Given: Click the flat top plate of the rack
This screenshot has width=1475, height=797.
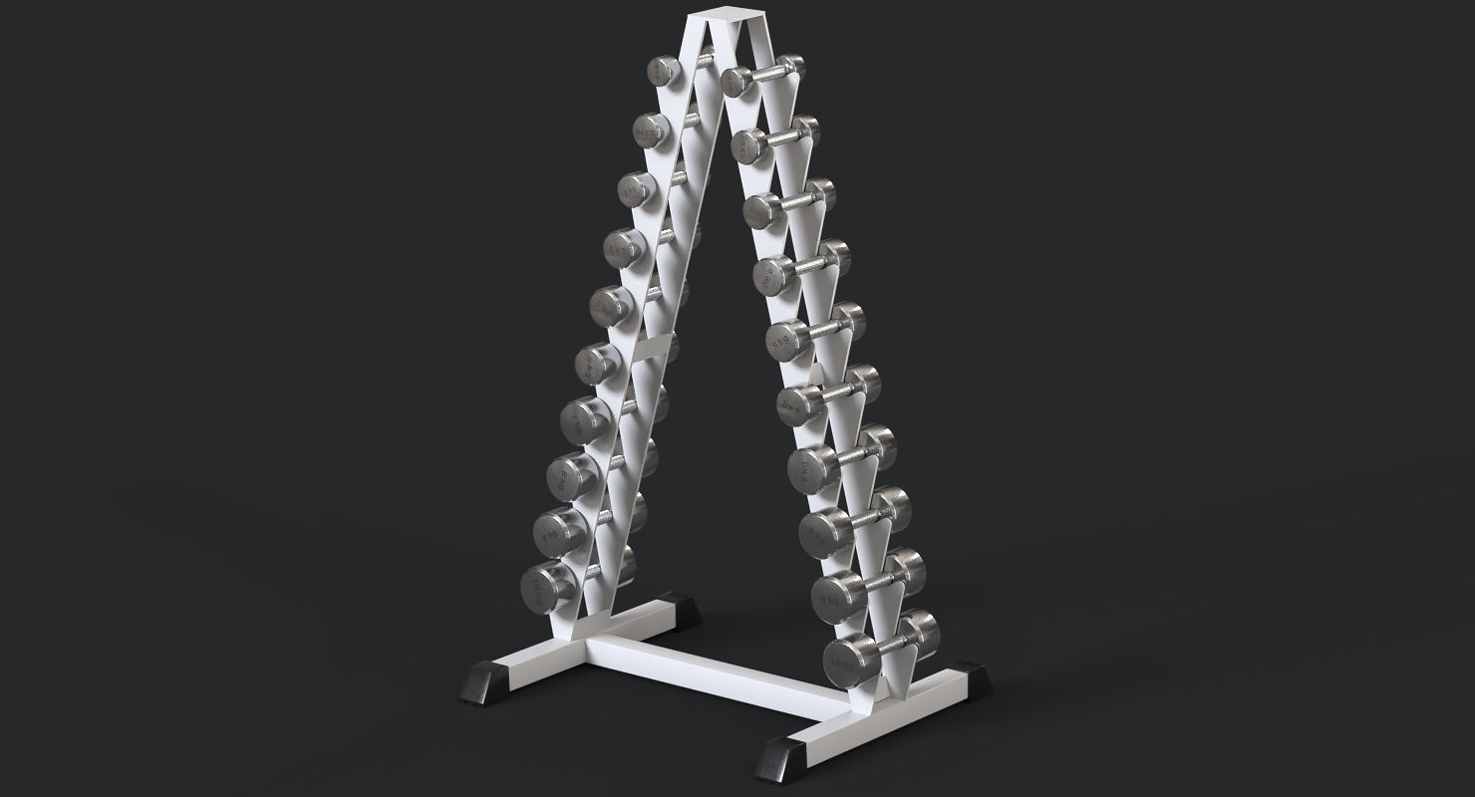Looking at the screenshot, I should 722,18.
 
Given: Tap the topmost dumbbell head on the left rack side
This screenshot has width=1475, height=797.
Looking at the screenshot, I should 662,71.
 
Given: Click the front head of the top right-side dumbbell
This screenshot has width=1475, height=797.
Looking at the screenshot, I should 740,81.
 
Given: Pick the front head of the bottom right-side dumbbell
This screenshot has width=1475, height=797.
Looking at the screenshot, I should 847,658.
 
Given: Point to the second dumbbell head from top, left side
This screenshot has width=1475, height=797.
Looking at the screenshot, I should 650,129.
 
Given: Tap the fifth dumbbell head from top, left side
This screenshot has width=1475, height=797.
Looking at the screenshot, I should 608,305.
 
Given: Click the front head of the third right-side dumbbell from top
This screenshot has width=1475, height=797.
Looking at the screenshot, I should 762,210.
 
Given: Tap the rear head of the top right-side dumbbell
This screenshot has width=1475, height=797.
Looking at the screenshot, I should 790,65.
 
